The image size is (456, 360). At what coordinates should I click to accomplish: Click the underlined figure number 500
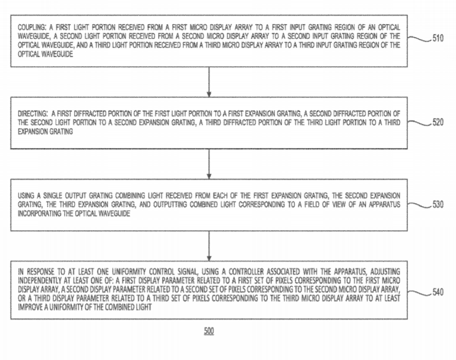point(209,332)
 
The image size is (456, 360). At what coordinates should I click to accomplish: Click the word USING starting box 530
point(26,195)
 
